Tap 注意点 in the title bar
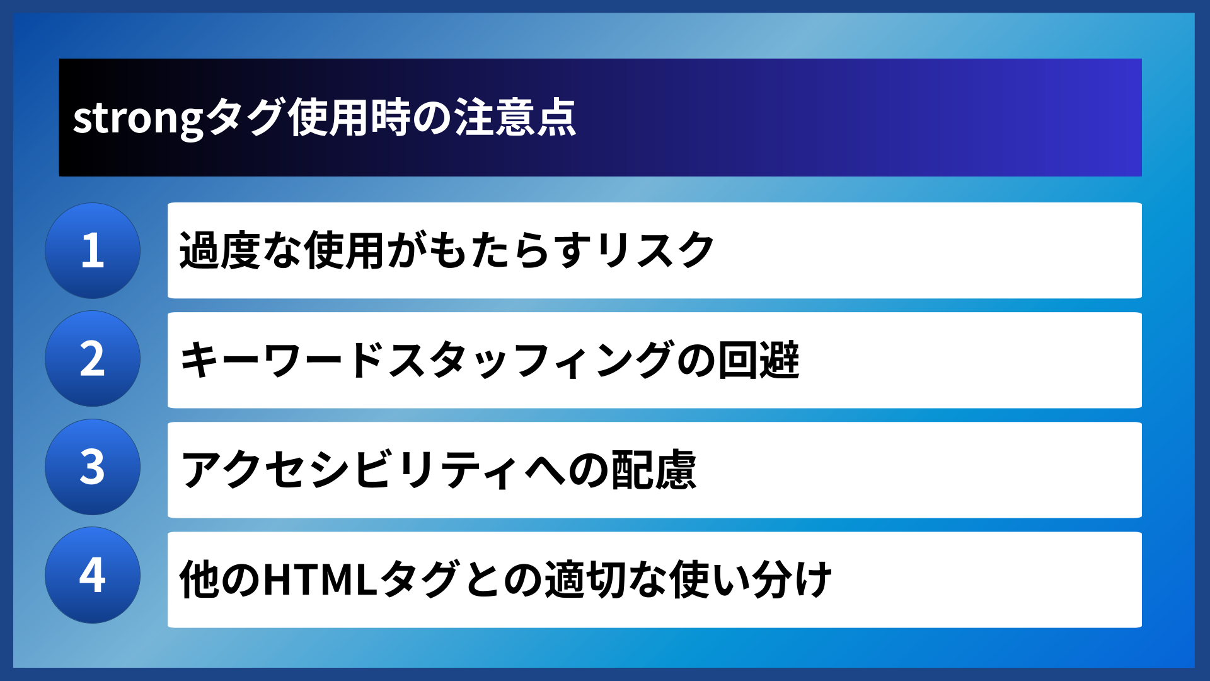(x=516, y=118)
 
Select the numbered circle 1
(x=93, y=250)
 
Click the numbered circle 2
(x=93, y=359)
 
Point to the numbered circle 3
(x=93, y=467)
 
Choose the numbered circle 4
(x=93, y=575)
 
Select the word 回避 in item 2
(x=759, y=360)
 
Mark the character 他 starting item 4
(x=199, y=579)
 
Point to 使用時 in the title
(x=350, y=118)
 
